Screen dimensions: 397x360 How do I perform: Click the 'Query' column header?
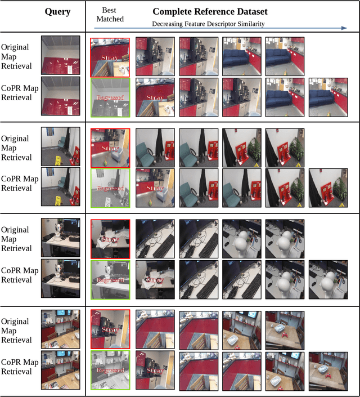[x=57, y=11]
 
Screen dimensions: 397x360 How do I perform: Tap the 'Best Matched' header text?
[x=110, y=15]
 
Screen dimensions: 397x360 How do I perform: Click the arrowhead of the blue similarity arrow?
[x=344, y=27]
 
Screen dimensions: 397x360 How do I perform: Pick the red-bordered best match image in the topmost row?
[x=110, y=57]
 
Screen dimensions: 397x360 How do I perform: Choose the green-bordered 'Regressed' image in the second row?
[x=110, y=188]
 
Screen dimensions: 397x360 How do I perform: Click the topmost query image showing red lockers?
[x=57, y=57]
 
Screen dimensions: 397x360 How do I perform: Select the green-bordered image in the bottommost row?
[x=110, y=370]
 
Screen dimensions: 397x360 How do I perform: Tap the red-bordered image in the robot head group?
[x=110, y=239]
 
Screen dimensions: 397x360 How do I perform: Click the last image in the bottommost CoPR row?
[x=328, y=370]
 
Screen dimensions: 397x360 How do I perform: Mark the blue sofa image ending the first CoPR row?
[x=328, y=97]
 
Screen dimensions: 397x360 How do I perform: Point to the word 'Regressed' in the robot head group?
[x=110, y=280]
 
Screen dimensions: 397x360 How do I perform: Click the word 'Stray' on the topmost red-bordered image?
[x=110, y=57]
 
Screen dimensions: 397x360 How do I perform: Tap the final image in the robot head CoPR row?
[x=328, y=279]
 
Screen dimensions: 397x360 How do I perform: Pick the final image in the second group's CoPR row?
[x=328, y=188]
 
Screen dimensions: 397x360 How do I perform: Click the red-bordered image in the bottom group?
[x=110, y=329]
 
